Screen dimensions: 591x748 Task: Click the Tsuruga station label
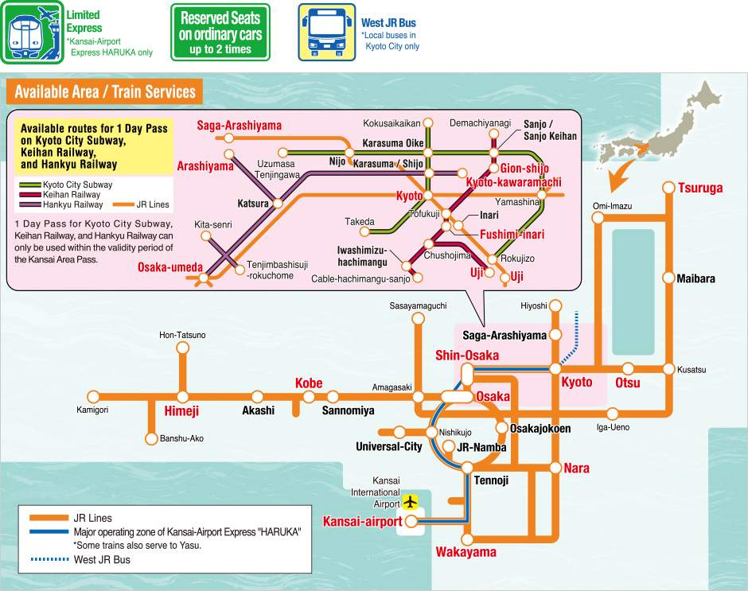(700, 189)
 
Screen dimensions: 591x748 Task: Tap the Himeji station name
(181, 411)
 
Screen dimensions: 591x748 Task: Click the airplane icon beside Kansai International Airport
(411, 502)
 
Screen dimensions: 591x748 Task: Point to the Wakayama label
(466, 552)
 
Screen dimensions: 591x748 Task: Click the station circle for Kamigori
(93, 396)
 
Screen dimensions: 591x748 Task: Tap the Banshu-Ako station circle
(150, 438)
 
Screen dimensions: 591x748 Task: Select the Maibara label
(695, 279)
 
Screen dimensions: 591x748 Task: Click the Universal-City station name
(388, 446)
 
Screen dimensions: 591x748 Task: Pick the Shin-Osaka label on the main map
(466, 355)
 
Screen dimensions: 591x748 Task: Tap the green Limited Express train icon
(32, 32)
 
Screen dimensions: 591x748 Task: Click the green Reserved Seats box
(220, 32)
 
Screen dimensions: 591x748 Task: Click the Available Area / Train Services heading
(104, 91)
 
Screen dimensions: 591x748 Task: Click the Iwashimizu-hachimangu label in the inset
(362, 255)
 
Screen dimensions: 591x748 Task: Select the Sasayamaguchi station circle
(418, 318)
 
